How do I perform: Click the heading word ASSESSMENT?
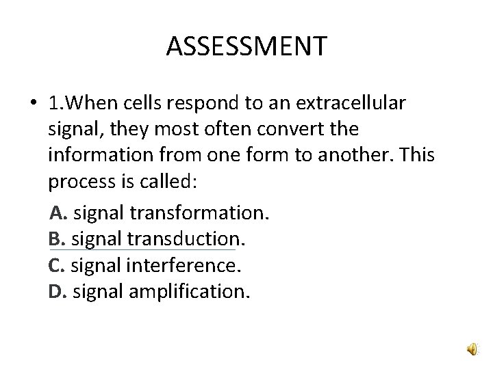point(246,47)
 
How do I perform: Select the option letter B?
point(55,239)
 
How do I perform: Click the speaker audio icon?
point(474,350)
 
